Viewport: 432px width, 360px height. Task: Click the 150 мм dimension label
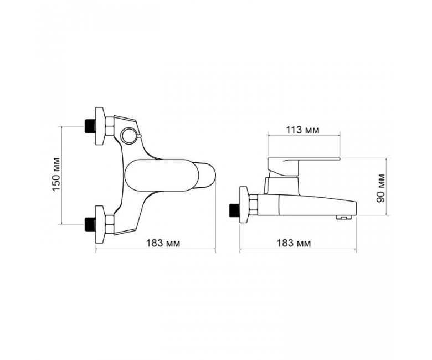[56, 174]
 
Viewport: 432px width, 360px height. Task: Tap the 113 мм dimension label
[302, 130]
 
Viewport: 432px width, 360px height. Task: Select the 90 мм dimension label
[380, 188]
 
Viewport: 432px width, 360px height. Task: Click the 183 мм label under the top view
[163, 243]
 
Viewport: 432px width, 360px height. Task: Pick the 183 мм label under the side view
[293, 243]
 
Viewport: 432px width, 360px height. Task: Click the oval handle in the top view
[157, 175]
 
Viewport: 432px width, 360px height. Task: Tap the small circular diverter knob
[128, 135]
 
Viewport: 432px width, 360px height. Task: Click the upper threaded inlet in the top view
[90, 126]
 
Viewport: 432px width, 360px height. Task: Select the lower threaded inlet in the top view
[90, 224]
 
